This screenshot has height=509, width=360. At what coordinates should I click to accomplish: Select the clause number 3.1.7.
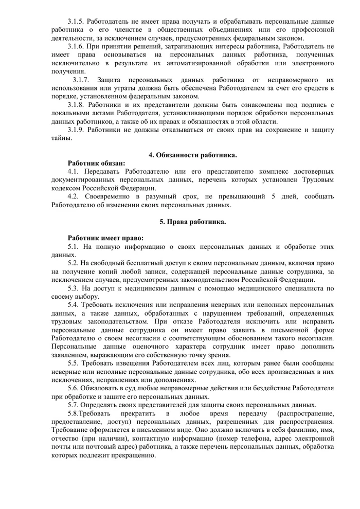coord(81,80)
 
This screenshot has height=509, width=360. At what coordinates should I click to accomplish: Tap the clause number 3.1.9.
coord(76,130)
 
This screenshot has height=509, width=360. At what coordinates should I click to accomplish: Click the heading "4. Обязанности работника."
coord(193,155)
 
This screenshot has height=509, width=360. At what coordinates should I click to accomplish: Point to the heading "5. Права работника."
coord(193,222)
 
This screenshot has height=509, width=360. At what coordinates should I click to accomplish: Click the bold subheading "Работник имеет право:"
coord(105,238)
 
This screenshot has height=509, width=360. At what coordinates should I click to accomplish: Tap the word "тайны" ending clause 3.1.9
coord(61,138)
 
